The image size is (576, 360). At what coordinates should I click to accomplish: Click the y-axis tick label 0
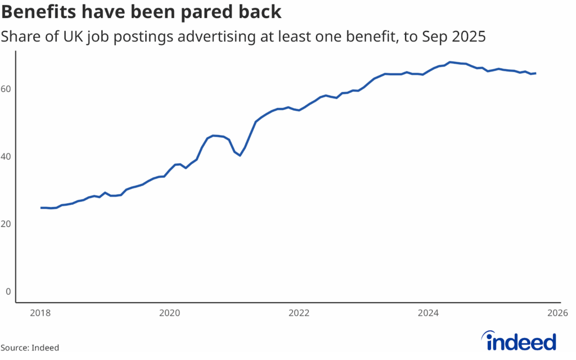click(8, 291)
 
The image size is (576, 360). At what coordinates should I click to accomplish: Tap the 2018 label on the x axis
click(41, 313)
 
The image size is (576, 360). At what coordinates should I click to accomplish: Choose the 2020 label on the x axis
click(170, 313)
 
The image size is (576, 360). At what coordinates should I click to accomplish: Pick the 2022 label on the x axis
click(299, 313)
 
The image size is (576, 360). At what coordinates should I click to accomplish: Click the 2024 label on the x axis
click(429, 313)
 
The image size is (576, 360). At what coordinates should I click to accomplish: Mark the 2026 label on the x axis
click(556, 313)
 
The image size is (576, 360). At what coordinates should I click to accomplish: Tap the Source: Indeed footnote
click(29, 348)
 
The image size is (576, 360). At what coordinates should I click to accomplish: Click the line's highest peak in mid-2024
click(450, 62)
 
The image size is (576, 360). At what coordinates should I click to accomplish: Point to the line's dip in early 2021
click(240, 155)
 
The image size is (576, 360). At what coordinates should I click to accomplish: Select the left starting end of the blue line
click(41, 208)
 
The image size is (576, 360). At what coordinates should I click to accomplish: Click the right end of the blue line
click(535, 73)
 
